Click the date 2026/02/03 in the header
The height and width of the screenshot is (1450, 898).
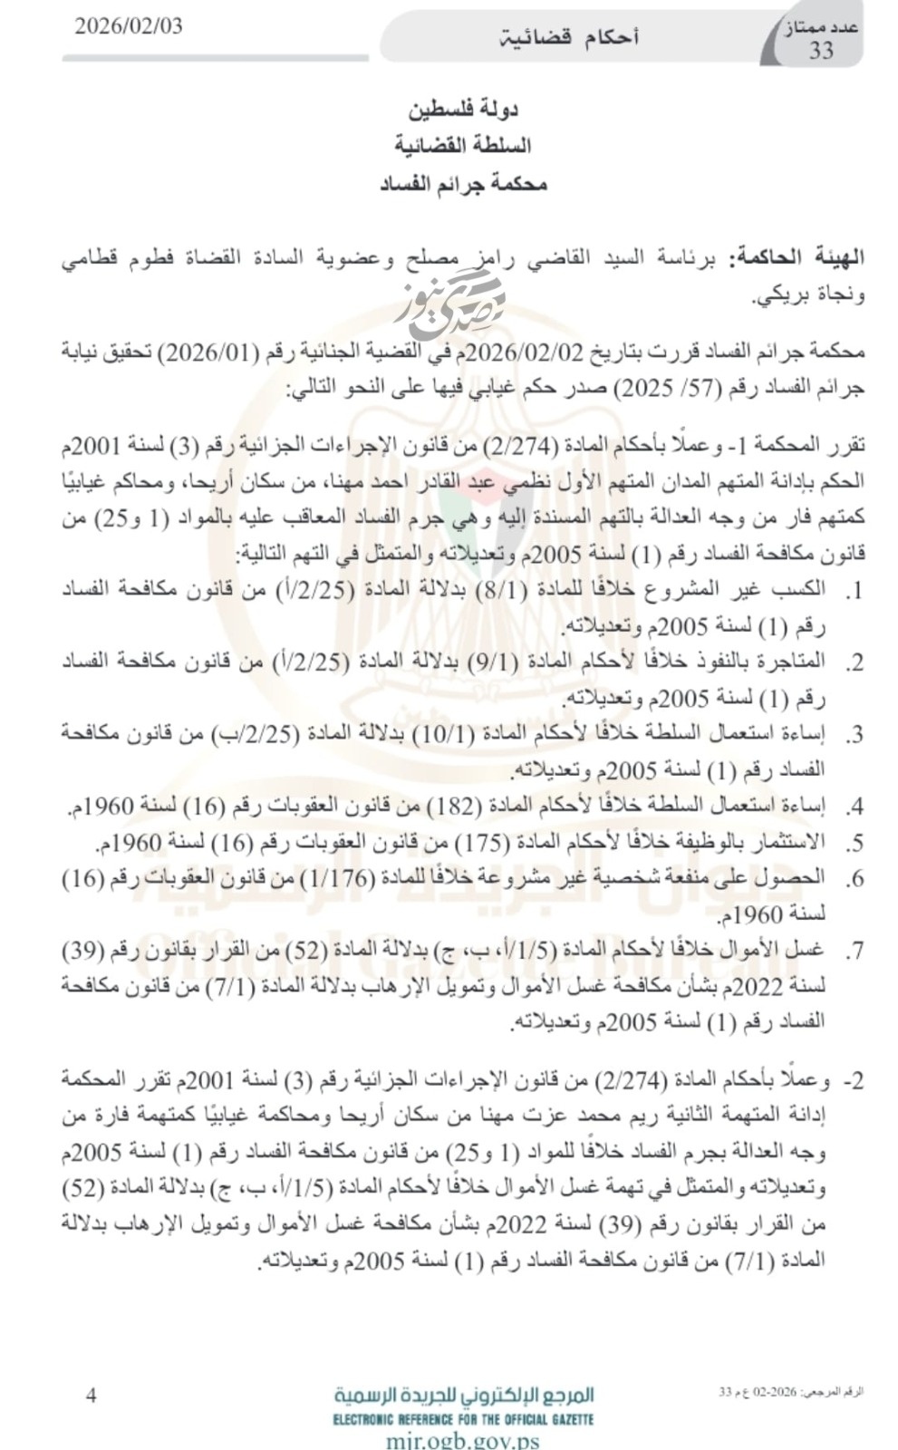pyautogui.click(x=128, y=26)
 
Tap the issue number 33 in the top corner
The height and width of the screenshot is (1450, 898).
pyautogui.click(x=821, y=50)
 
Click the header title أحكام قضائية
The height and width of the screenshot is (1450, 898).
pyautogui.click(x=570, y=37)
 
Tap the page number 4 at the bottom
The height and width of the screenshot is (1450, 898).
pyautogui.click(x=91, y=1395)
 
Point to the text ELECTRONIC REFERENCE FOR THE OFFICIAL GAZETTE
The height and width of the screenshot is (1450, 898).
pyautogui.click(x=464, y=1418)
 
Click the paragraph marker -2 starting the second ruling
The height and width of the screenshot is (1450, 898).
pyautogui.click(x=854, y=1081)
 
